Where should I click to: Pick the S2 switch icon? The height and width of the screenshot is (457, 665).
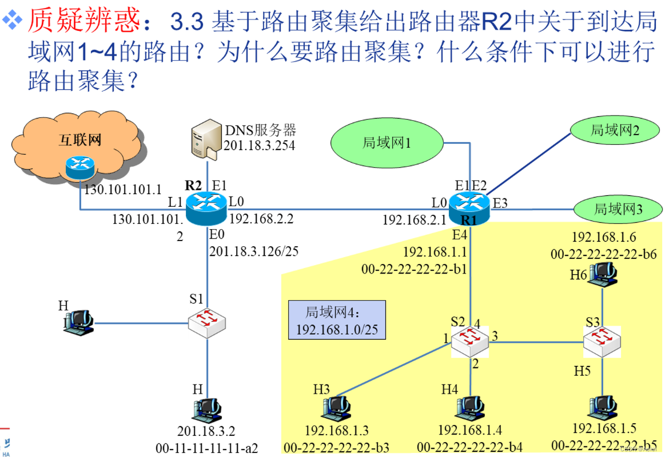coord(470,341)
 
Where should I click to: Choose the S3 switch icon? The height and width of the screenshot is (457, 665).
coord(602,341)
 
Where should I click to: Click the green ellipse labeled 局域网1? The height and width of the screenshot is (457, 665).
coord(387,143)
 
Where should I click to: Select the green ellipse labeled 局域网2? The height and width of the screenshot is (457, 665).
coord(614,131)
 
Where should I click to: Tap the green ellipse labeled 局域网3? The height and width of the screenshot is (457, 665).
coord(618,208)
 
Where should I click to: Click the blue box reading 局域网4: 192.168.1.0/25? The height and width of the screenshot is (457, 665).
coord(337,320)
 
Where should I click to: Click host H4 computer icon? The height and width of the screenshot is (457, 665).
coord(470,408)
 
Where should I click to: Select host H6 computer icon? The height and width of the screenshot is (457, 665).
coord(603,274)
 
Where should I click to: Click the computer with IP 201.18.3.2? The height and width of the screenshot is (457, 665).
coord(206,408)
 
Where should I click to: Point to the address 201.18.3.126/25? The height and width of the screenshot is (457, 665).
coord(253,251)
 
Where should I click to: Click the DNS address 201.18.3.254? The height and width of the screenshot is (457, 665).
coord(260,145)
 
